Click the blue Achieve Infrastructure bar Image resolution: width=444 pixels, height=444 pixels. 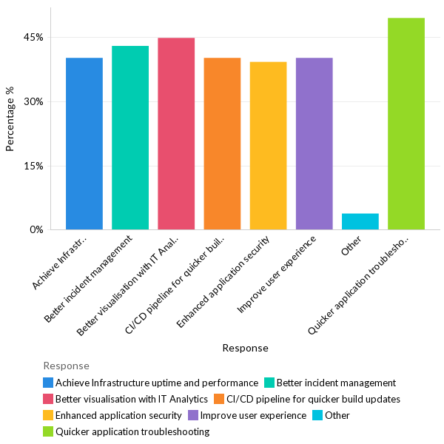click(x=84, y=144)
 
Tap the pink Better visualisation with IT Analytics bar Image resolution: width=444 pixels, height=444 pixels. click(x=176, y=134)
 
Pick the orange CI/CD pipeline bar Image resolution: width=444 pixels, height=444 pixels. click(x=222, y=144)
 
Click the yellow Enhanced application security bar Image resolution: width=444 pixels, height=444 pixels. click(x=268, y=146)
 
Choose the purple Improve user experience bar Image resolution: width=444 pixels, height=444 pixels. click(x=314, y=144)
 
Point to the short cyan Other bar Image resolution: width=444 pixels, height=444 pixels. click(x=360, y=221)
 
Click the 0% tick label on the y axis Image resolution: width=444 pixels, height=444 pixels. click(x=37, y=230)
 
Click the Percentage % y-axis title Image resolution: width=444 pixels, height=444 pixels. click(x=10, y=119)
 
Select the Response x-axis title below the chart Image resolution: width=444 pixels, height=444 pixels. click(x=245, y=348)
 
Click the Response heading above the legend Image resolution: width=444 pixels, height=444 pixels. click(x=66, y=366)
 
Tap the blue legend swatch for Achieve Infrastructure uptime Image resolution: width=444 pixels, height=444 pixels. click(x=48, y=383)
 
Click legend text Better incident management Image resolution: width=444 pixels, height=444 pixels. click(x=336, y=383)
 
